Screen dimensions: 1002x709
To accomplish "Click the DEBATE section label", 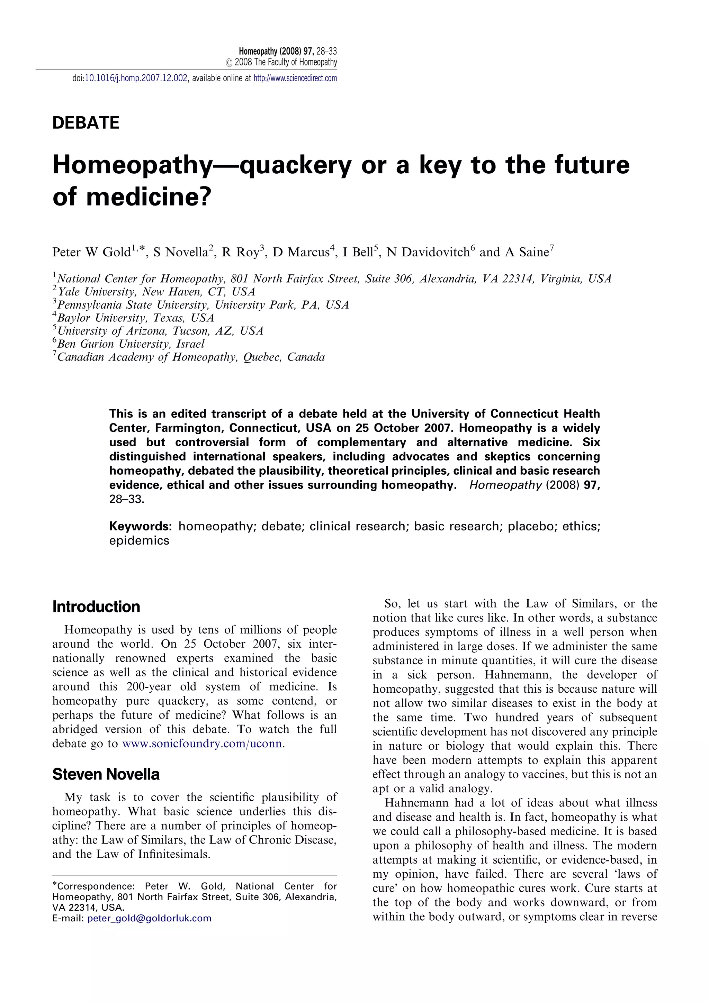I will coord(86,123).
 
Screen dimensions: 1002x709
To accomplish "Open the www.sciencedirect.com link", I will coord(295,79).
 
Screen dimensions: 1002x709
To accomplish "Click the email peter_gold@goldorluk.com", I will coord(149,918).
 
